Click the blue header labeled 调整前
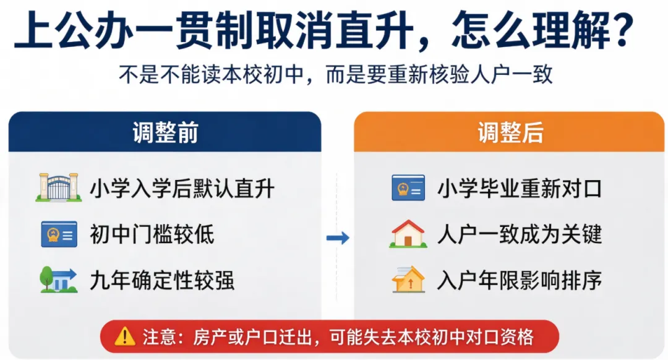(x=165, y=132)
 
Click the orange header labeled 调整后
(x=509, y=132)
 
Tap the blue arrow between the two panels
(x=338, y=238)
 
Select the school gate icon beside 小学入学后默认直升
(x=59, y=187)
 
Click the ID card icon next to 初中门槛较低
(x=59, y=234)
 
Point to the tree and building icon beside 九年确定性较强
(x=58, y=280)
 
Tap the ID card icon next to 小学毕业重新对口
(x=408, y=187)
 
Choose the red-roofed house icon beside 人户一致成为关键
(x=408, y=234)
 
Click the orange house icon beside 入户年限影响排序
(x=408, y=280)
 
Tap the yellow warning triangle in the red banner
(x=125, y=336)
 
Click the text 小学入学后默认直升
(x=182, y=189)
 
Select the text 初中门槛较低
(x=152, y=234)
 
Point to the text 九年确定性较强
(x=162, y=280)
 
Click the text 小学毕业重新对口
(x=520, y=189)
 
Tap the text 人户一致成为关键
(x=520, y=234)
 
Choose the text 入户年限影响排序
(x=520, y=280)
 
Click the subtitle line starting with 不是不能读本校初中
(x=336, y=75)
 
